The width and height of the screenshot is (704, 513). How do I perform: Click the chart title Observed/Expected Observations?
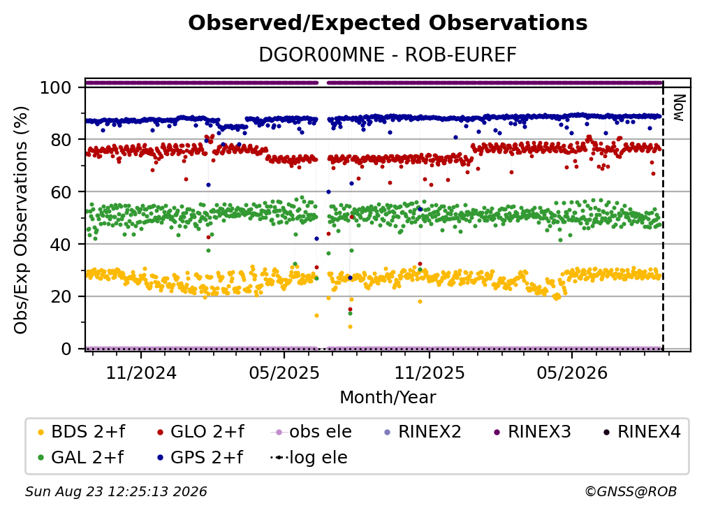coord(388,23)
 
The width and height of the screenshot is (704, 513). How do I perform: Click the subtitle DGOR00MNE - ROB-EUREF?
coord(388,55)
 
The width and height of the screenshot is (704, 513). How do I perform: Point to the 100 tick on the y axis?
coord(56,87)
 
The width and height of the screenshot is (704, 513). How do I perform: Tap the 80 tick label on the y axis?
coord(61,140)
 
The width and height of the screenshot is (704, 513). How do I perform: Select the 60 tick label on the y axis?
coord(61,192)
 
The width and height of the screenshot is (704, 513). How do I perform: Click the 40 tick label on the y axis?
coord(61,245)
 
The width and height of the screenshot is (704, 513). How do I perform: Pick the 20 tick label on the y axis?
coord(61,297)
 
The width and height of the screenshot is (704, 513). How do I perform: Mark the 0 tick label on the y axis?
coord(66,349)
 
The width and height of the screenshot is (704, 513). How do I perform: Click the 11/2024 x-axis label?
coord(141,373)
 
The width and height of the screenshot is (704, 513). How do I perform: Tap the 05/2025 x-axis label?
coord(284,373)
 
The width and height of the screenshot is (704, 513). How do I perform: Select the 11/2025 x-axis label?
coord(430,373)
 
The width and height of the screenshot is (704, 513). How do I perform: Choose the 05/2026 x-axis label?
coord(572,373)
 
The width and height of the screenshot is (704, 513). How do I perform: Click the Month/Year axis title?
coord(388,397)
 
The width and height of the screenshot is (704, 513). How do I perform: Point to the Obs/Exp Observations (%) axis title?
coord(21,220)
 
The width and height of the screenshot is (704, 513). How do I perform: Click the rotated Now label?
coord(679,108)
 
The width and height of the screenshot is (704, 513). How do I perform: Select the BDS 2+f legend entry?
coord(82,432)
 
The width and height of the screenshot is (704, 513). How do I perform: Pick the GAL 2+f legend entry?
coord(81,457)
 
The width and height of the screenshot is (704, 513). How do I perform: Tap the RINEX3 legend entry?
coord(532,432)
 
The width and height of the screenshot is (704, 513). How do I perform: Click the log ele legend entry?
coord(309,457)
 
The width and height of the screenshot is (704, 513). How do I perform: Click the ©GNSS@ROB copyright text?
coord(631,491)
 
